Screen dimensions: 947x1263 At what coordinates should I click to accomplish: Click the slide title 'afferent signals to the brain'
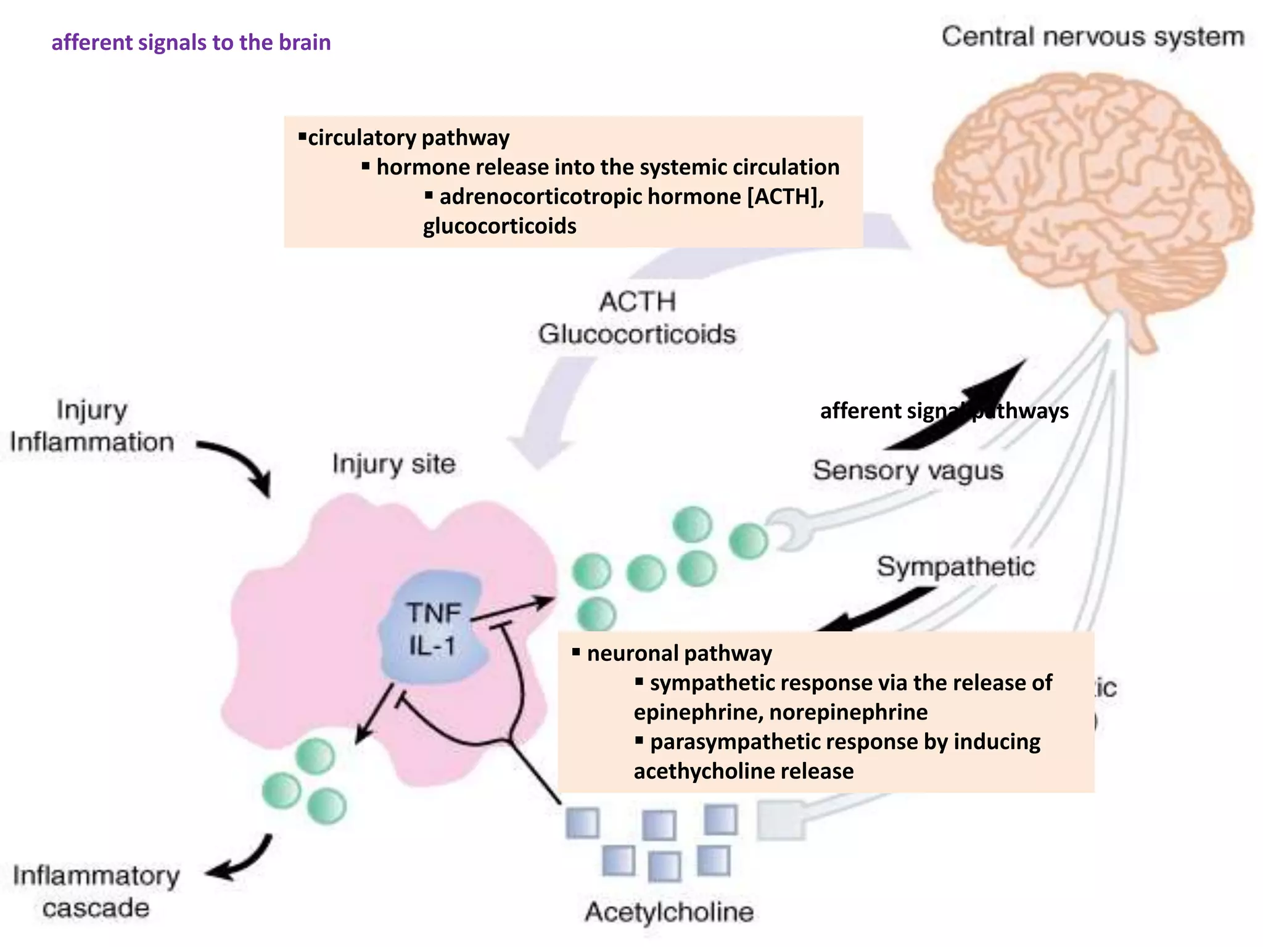point(191,43)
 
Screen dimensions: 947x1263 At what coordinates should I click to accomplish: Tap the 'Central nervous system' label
point(1093,37)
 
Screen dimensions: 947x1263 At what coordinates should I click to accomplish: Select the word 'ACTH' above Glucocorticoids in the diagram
point(638,302)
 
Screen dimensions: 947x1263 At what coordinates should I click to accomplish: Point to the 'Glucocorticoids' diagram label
point(637,334)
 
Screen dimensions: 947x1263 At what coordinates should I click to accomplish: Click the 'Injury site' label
point(394,464)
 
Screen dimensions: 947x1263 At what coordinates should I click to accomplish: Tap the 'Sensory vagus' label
point(908,471)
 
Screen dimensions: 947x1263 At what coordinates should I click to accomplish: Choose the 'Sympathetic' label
point(955,567)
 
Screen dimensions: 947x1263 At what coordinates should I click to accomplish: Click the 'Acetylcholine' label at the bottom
point(669,912)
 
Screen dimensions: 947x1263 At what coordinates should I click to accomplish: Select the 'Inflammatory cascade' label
point(96,892)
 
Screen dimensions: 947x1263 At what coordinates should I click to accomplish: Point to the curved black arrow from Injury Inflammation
point(241,462)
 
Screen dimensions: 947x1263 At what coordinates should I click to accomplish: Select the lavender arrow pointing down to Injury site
point(549,413)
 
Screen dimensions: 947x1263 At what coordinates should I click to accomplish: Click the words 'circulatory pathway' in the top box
point(408,137)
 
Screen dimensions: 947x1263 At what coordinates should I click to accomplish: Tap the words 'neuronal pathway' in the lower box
point(679,654)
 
